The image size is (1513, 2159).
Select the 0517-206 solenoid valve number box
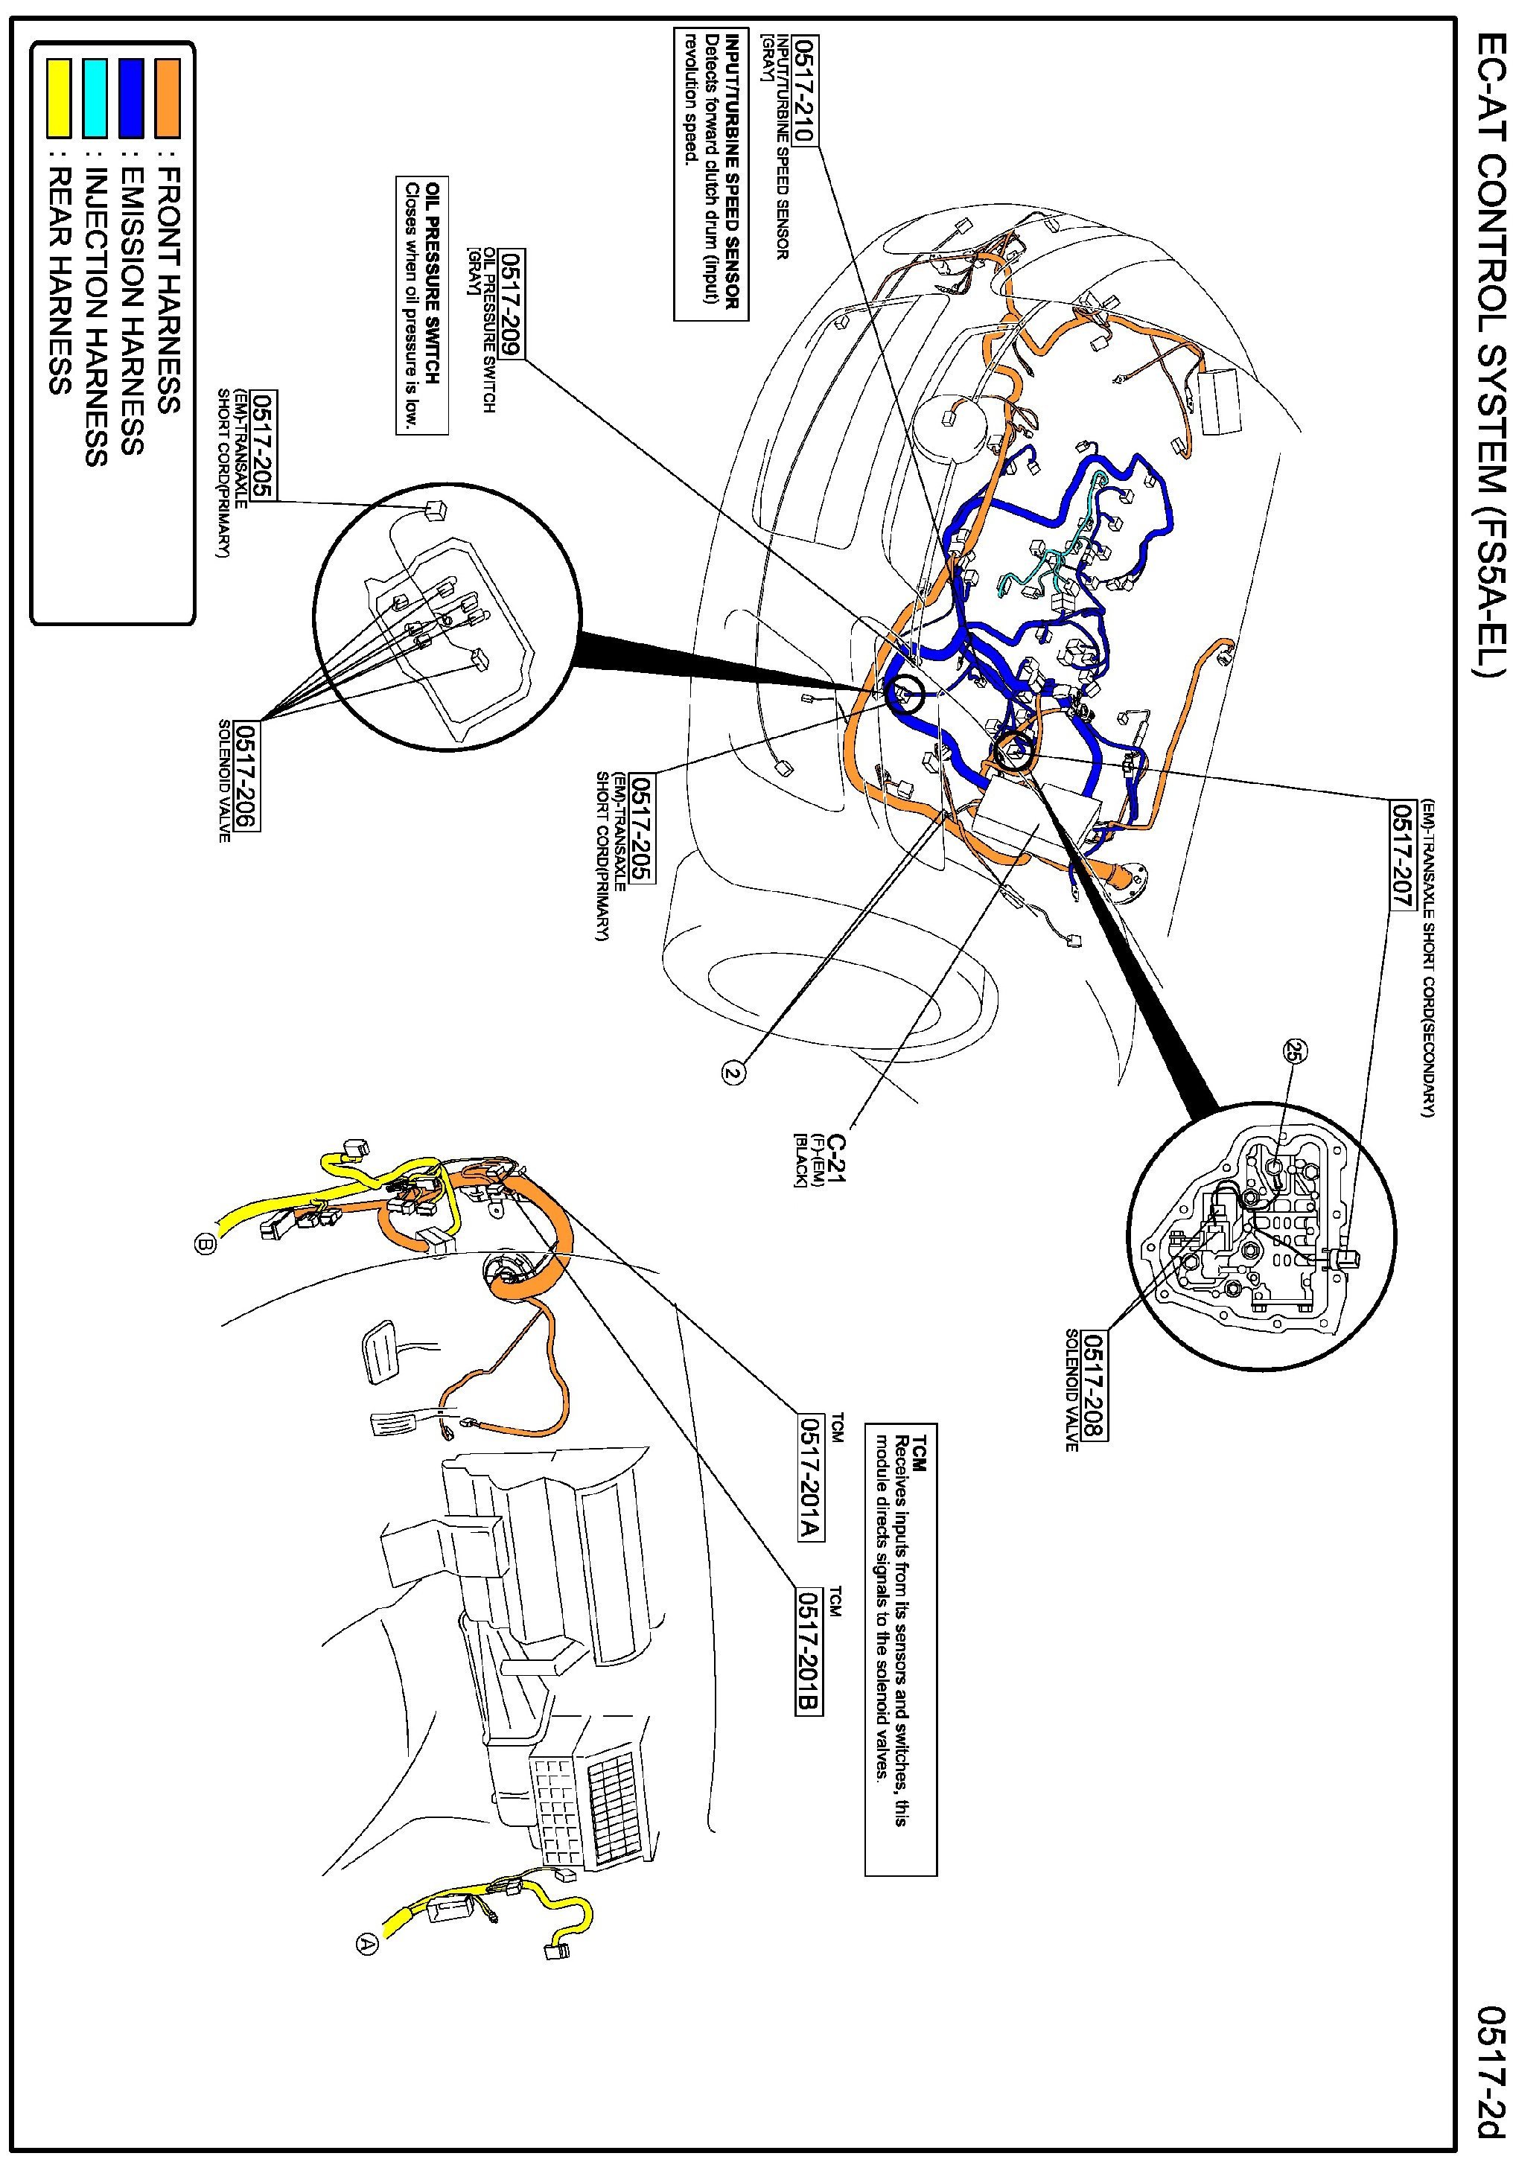click(x=246, y=776)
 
